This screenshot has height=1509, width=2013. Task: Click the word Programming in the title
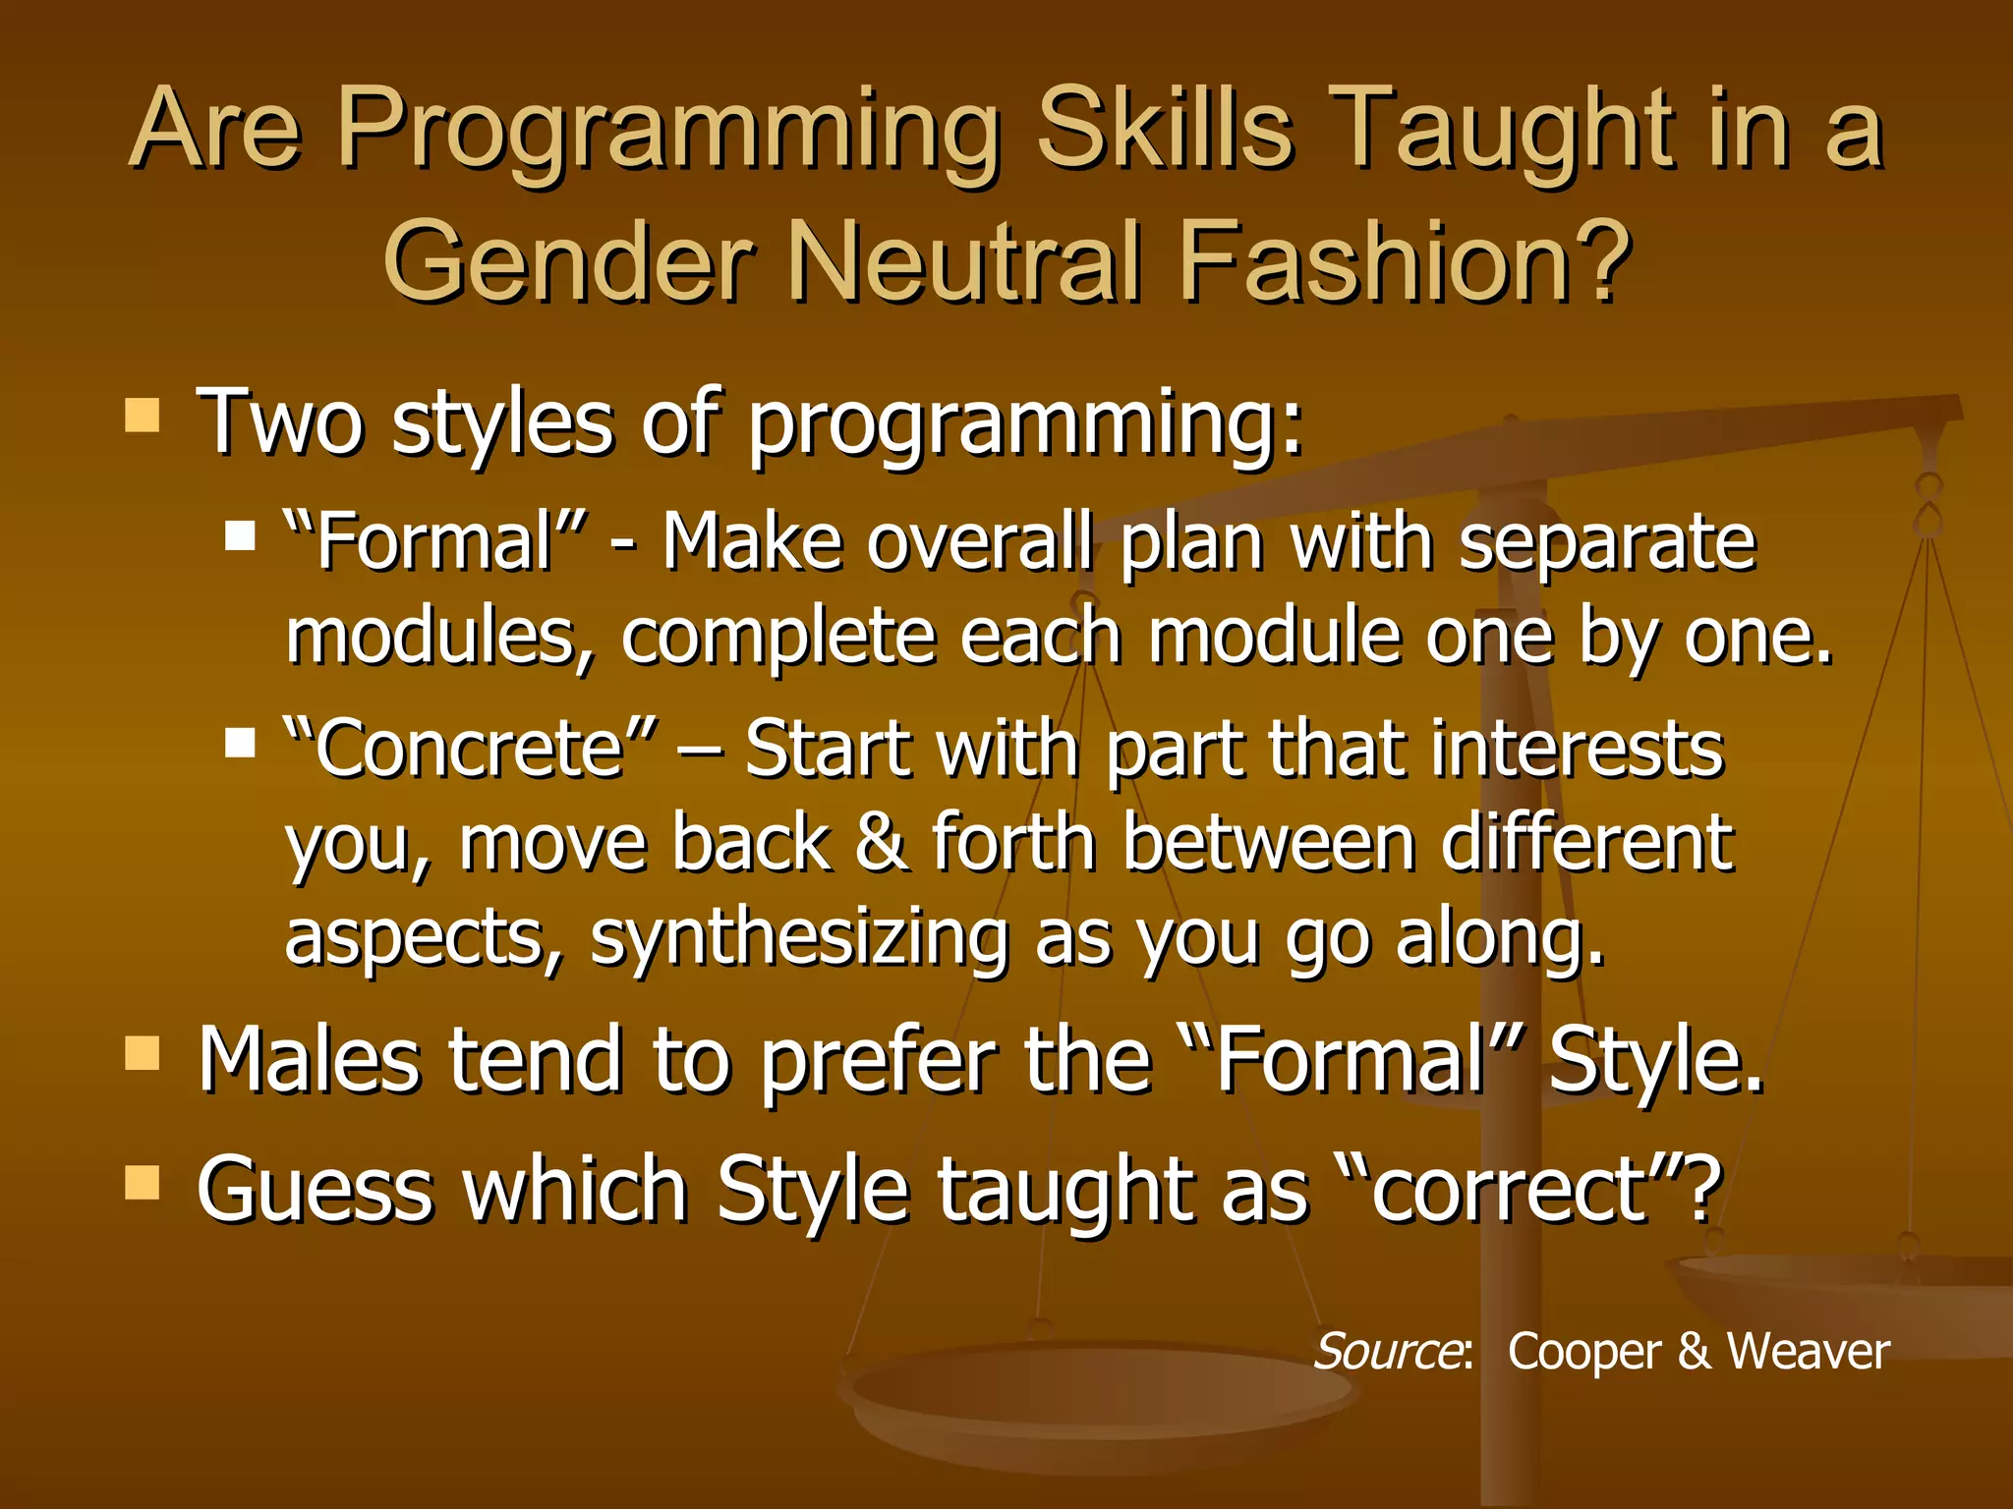[x=668, y=133]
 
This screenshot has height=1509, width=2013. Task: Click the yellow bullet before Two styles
[x=143, y=416]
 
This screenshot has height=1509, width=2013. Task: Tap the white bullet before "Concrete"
[x=240, y=743]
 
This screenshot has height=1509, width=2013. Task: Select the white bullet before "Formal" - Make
[x=240, y=536]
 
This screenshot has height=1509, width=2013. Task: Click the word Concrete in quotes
[x=470, y=750]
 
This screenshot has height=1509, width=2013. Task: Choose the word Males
[x=311, y=1060]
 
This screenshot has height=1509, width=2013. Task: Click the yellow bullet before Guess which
[x=143, y=1183]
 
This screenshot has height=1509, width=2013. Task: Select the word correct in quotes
[x=1509, y=1190]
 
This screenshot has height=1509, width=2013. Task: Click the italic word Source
[x=1388, y=1351]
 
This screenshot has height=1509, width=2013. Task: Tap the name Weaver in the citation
[x=1808, y=1351]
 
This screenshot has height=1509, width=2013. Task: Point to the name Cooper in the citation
[x=1583, y=1353]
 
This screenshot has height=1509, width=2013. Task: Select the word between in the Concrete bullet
[x=1269, y=843]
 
